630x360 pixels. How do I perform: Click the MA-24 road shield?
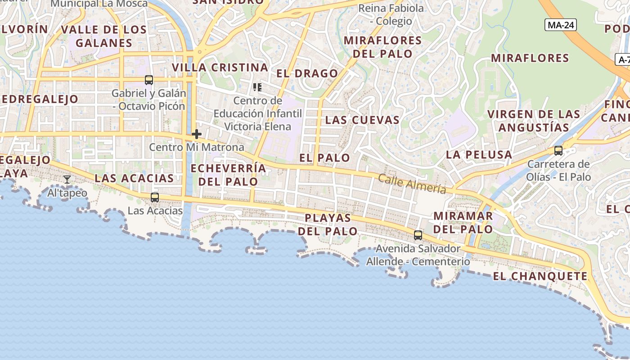[x=560, y=25]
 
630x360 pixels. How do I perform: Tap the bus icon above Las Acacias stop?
[x=155, y=197]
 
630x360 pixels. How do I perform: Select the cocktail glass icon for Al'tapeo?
[x=67, y=180]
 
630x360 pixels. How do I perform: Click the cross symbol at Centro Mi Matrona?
[x=197, y=134]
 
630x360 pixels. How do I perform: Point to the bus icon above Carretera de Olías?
[x=558, y=151]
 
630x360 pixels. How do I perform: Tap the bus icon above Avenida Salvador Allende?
[x=418, y=235]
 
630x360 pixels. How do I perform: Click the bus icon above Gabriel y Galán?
[x=149, y=80]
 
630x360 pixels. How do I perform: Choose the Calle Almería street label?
[x=412, y=184]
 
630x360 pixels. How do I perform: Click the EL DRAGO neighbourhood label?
[x=307, y=73]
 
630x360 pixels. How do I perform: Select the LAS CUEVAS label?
[x=362, y=120]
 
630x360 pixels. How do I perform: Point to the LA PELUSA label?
[x=479, y=155]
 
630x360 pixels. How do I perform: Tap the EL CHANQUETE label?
[x=540, y=276]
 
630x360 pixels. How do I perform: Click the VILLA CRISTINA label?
[x=220, y=67]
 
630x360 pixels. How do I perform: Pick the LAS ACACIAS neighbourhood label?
[x=134, y=178]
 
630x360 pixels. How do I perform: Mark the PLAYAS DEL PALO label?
[x=328, y=225]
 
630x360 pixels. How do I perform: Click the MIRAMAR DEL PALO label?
[x=463, y=222]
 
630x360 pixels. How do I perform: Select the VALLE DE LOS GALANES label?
[x=104, y=36]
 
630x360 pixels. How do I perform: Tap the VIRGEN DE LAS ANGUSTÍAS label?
[x=534, y=121]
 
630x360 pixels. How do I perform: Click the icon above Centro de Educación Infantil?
[x=257, y=87]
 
